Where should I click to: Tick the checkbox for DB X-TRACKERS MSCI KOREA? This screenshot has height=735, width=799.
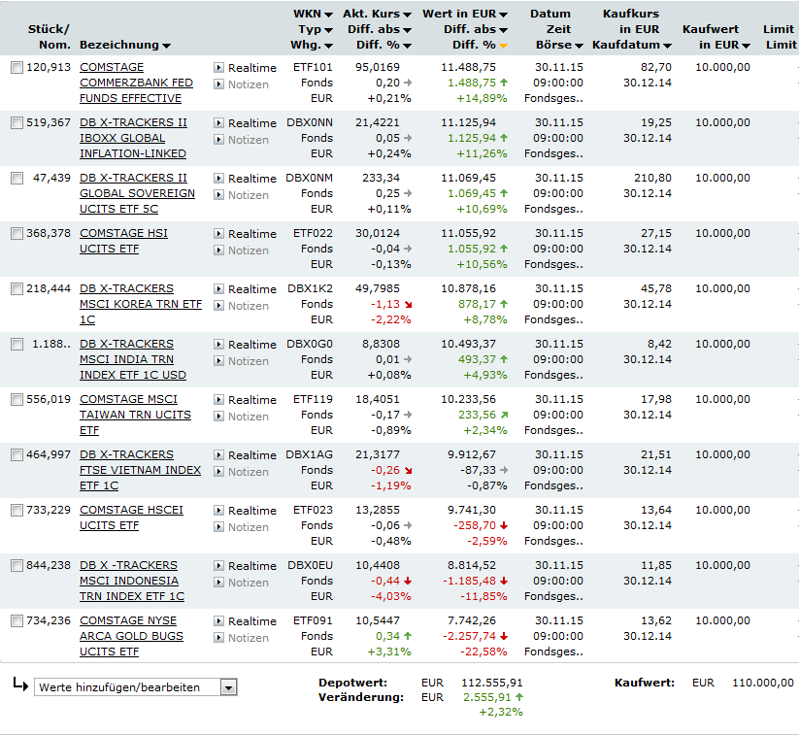(17, 289)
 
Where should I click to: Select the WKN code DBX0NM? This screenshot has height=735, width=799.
(310, 179)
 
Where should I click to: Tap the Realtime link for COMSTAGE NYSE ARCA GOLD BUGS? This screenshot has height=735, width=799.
(251, 621)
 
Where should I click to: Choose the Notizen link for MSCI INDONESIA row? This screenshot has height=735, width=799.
(248, 583)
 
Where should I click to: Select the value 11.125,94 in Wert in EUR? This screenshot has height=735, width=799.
(468, 123)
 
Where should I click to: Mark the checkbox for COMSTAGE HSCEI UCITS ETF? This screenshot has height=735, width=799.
(17, 511)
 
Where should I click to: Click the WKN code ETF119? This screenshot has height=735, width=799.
(312, 400)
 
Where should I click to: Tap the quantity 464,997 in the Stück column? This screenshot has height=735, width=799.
(49, 455)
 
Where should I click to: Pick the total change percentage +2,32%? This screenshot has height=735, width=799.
(500, 713)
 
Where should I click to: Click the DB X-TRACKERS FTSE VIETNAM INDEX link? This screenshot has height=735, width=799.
(140, 463)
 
